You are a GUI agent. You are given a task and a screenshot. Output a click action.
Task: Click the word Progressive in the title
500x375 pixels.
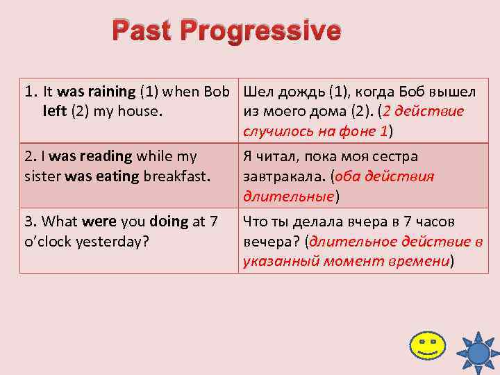click(267, 33)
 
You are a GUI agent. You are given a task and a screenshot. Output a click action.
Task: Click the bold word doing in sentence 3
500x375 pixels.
click(167, 222)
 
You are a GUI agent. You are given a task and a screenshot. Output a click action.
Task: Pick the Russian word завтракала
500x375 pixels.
click(276, 176)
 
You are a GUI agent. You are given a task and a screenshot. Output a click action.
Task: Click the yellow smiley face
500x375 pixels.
click(427, 346)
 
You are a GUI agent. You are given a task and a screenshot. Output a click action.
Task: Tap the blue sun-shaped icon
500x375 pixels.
click(478, 351)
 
